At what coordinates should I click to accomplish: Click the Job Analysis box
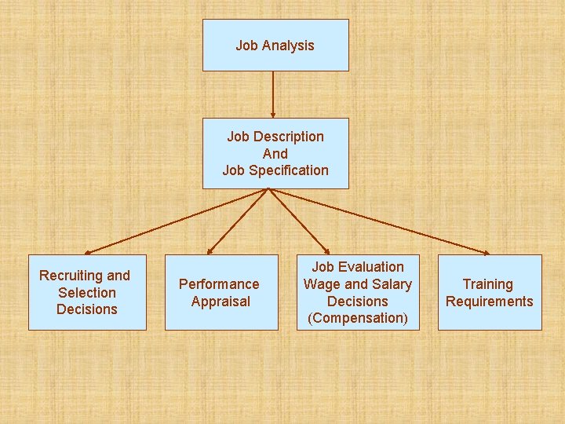[x=275, y=45]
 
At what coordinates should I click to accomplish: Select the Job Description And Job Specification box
[x=275, y=153]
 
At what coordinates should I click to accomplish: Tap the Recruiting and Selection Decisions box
[x=87, y=292]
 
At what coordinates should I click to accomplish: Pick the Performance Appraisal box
[x=221, y=292]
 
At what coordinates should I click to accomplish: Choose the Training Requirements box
[x=489, y=292]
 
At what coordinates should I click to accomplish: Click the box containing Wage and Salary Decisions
[x=357, y=292]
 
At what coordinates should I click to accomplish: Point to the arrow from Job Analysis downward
[x=272, y=94]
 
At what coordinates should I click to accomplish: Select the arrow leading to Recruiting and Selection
[x=177, y=221]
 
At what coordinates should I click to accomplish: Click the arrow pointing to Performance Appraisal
[x=240, y=221]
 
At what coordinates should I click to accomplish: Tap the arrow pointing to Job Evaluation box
[x=300, y=221]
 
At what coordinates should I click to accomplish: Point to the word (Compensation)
[x=358, y=318]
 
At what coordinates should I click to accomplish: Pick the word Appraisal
[x=221, y=302]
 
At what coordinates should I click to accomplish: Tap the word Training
[x=487, y=284]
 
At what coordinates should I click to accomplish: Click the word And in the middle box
[x=275, y=154]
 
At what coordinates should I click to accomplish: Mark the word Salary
[x=392, y=284]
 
